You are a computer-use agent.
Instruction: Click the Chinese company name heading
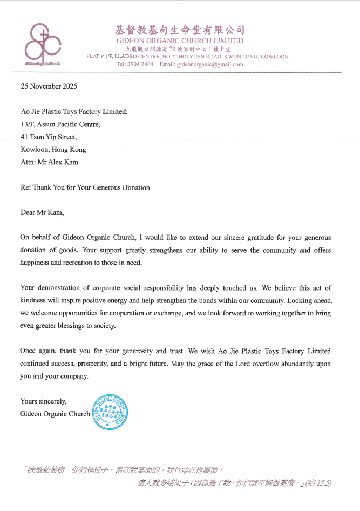180,29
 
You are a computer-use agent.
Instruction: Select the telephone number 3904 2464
140,64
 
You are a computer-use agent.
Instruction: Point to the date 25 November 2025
49,86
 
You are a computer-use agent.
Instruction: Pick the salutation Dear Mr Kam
42,212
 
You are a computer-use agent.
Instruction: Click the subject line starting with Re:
85,187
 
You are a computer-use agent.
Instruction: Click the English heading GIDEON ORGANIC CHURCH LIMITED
180,41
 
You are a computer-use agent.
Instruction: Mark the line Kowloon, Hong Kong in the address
53,150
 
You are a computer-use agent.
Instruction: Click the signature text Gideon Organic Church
55,414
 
